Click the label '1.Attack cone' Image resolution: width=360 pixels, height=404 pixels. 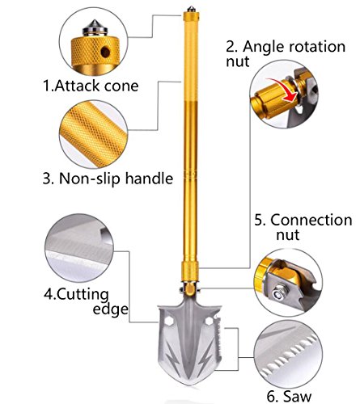coord(91,86)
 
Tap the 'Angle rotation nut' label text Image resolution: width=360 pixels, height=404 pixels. coord(286,53)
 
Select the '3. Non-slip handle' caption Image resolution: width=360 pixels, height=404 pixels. coord(108,179)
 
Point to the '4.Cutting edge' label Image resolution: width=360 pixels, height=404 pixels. coord(86,301)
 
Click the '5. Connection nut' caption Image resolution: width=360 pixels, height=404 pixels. coord(303,227)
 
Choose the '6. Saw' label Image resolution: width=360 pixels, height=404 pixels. coord(289,396)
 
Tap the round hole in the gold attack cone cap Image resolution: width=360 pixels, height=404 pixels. coord(105,52)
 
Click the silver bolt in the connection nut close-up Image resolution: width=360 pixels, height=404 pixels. coord(279,292)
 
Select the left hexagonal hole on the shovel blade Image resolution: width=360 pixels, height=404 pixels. coord(169,321)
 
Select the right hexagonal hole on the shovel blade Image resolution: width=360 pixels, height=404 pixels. coord(210,321)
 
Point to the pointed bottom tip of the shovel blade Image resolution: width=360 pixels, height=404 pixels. coord(190,385)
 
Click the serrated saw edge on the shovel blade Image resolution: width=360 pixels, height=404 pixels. coord(218,342)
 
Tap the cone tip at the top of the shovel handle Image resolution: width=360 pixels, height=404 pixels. coord(191,9)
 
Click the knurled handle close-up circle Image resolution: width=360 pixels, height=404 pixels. coord(93,134)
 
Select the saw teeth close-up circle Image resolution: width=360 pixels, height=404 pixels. coord(289,354)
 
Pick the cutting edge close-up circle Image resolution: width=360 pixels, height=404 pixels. coord(79,248)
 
